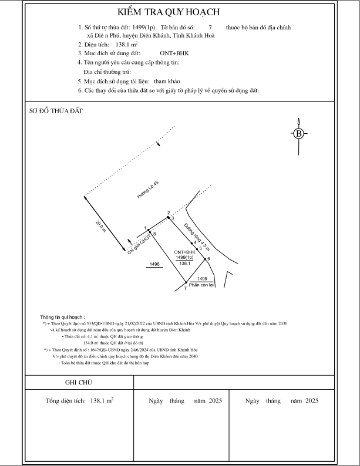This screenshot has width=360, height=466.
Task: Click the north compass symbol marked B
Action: point(300,133)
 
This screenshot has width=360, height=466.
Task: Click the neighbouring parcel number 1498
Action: point(155,265)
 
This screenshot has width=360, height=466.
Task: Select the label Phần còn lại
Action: point(202,285)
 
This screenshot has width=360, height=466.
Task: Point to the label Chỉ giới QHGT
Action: point(139,245)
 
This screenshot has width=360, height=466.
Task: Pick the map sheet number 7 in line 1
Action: point(210,28)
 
